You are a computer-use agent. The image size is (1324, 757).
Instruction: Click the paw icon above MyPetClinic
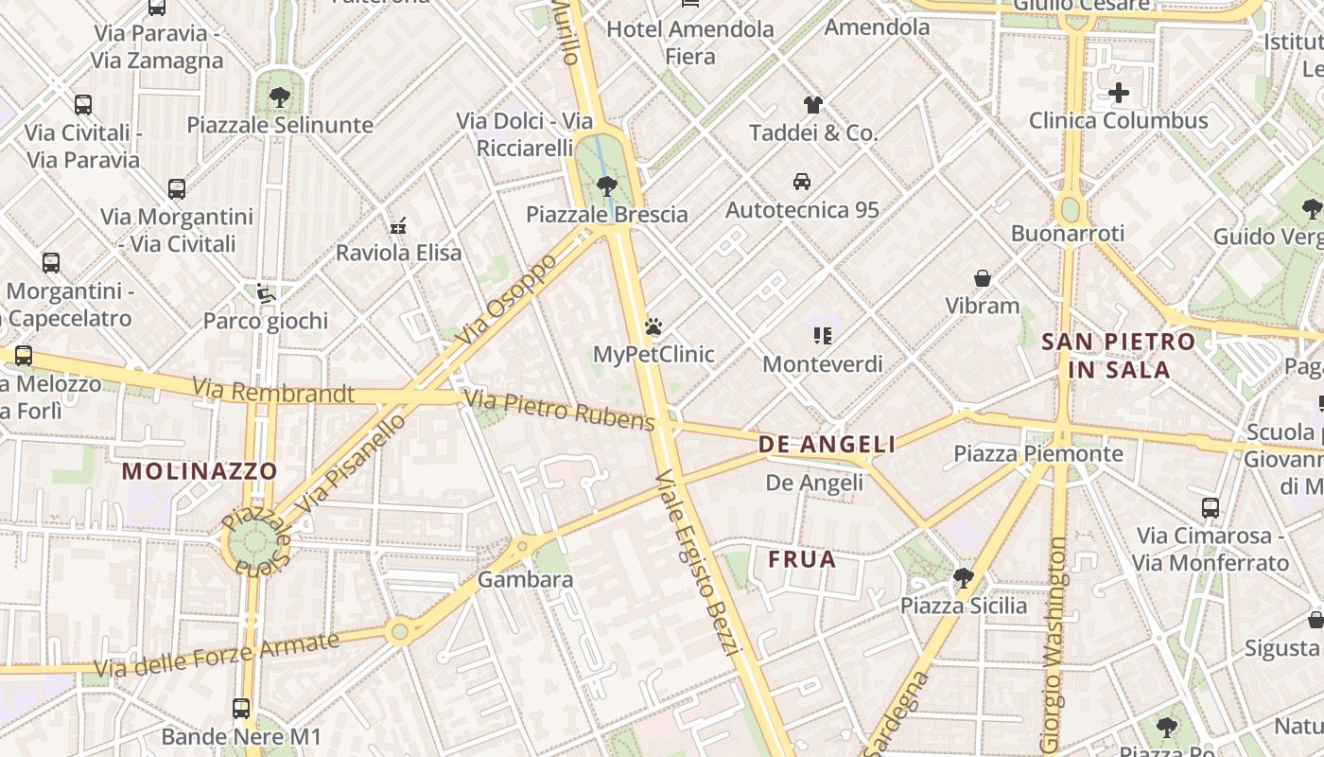point(653,327)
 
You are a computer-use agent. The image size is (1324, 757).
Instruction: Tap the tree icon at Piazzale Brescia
point(607,186)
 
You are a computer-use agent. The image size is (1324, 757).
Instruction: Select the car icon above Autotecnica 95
point(802,182)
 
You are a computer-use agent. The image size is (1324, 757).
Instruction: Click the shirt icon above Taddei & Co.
point(813,104)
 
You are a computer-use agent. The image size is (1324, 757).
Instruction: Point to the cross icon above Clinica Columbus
point(1119,93)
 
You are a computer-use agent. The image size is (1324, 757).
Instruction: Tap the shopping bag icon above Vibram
point(983,278)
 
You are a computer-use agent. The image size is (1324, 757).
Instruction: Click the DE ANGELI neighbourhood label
point(827,445)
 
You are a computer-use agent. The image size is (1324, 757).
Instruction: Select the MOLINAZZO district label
point(200,470)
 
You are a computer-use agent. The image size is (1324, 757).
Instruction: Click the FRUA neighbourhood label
point(802,559)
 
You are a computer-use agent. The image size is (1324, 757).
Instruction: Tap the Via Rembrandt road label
point(273,391)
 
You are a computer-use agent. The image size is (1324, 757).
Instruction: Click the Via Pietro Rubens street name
point(560,410)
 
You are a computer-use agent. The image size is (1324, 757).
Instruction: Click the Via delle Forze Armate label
point(217,655)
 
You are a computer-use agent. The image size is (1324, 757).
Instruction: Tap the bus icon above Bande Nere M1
point(241,708)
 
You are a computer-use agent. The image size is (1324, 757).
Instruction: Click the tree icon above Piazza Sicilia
point(963,577)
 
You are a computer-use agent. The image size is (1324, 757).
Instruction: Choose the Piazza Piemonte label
point(1037,453)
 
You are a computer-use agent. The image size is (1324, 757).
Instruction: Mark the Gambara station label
point(525,579)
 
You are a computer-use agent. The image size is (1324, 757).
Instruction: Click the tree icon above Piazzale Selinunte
point(279,97)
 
